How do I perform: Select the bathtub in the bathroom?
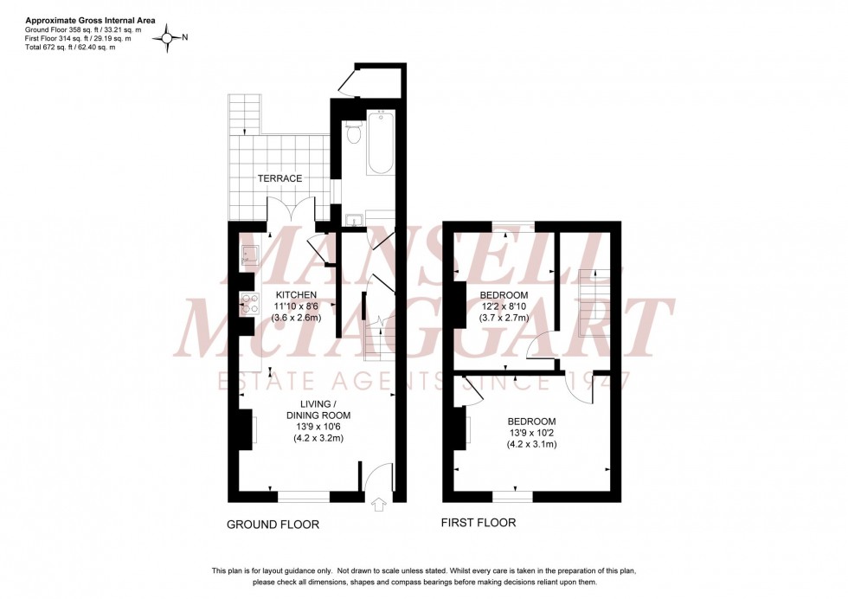tap(381, 143)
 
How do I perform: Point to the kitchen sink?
tap(250, 254)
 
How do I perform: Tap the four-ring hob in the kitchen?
tap(250, 303)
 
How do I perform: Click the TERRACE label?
tap(279, 178)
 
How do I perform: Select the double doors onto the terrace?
tap(290, 210)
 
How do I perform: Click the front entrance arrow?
tap(378, 505)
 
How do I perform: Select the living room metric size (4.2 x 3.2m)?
tap(319, 438)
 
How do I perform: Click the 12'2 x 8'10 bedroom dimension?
tap(504, 306)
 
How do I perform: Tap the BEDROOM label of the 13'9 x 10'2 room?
tap(532, 422)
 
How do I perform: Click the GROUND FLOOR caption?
tap(273, 525)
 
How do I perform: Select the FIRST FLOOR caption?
tap(479, 523)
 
